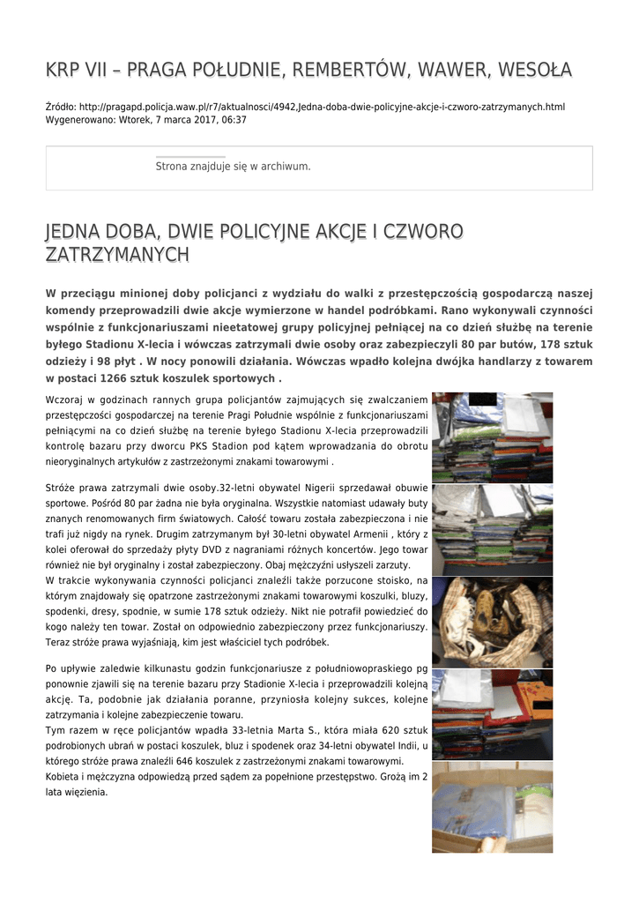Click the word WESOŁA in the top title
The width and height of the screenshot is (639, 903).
(534, 69)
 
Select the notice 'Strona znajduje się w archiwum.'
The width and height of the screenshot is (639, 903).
(233, 166)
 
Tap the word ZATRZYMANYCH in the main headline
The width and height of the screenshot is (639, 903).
(117, 255)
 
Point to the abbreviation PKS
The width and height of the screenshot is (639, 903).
(212, 446)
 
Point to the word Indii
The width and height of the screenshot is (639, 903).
(406, 745)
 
